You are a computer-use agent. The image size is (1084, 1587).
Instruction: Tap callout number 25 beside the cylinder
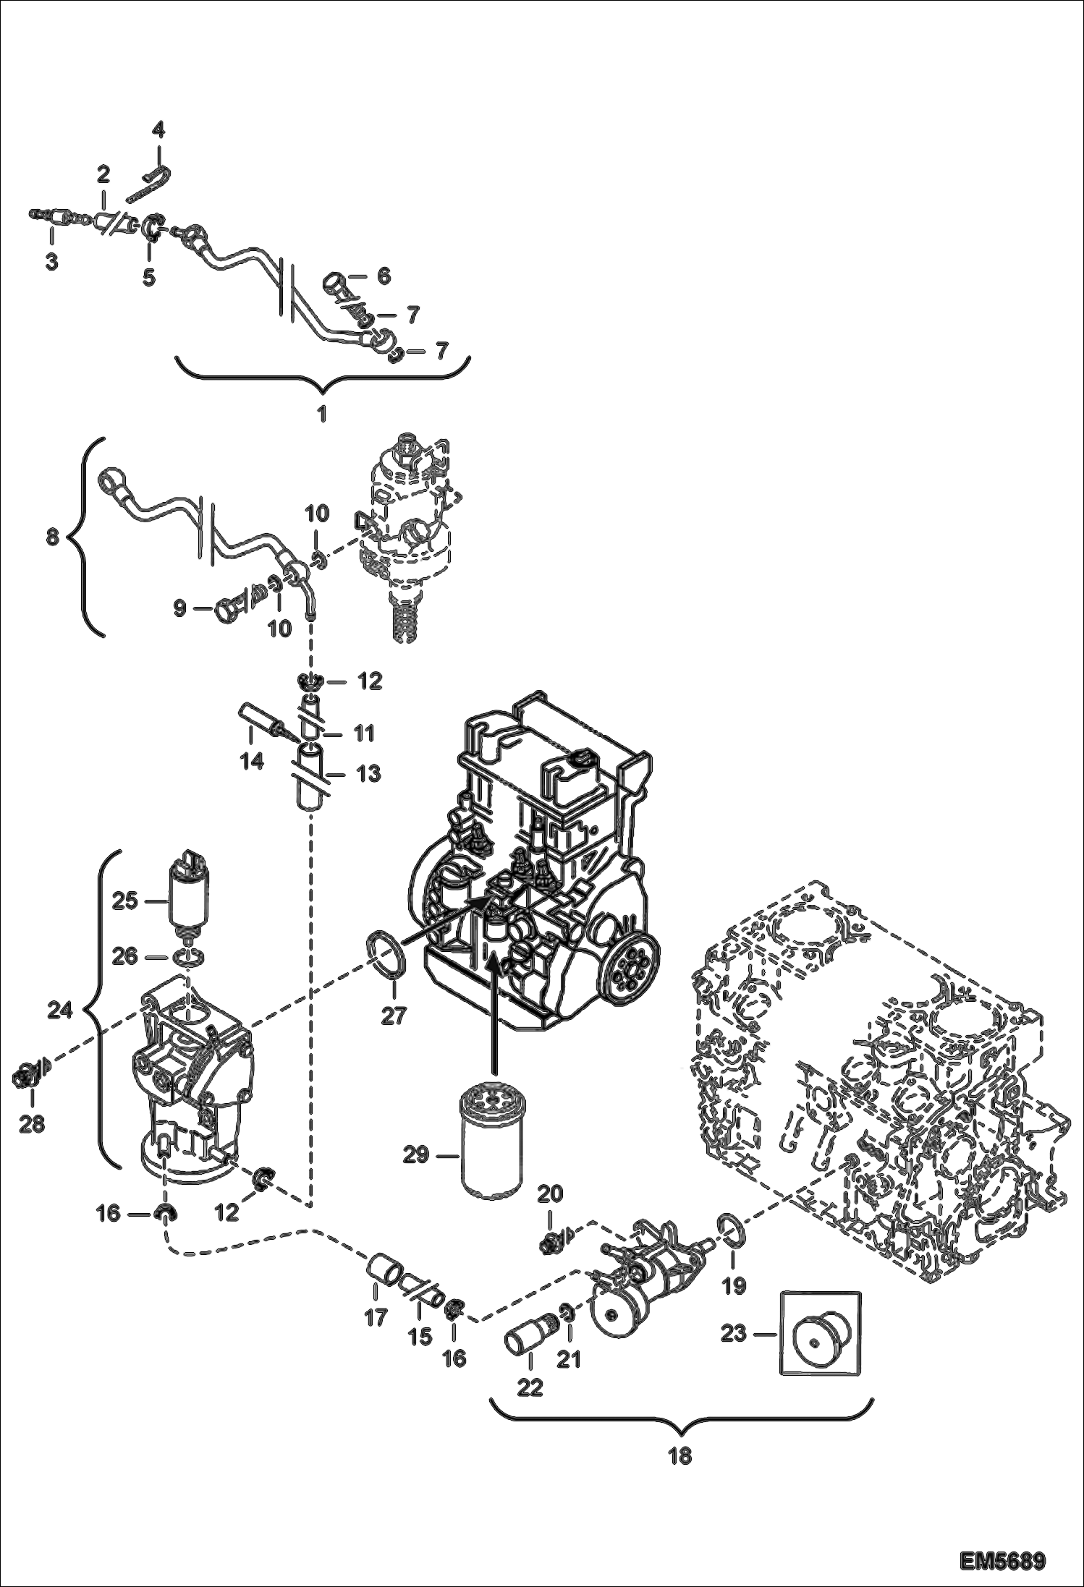(x=124, y=902)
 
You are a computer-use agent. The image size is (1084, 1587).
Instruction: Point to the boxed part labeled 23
(x=821, y=1333)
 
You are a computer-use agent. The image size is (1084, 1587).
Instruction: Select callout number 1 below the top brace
(x=321, y=414)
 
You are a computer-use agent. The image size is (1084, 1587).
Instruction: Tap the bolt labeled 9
(x=226, y=609)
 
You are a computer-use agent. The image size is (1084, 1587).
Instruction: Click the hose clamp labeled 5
(x=151, y=229)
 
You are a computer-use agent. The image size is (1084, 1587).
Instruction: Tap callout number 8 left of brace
(x=52, y=539)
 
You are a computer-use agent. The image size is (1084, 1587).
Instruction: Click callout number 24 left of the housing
(x=60, y=1010)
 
